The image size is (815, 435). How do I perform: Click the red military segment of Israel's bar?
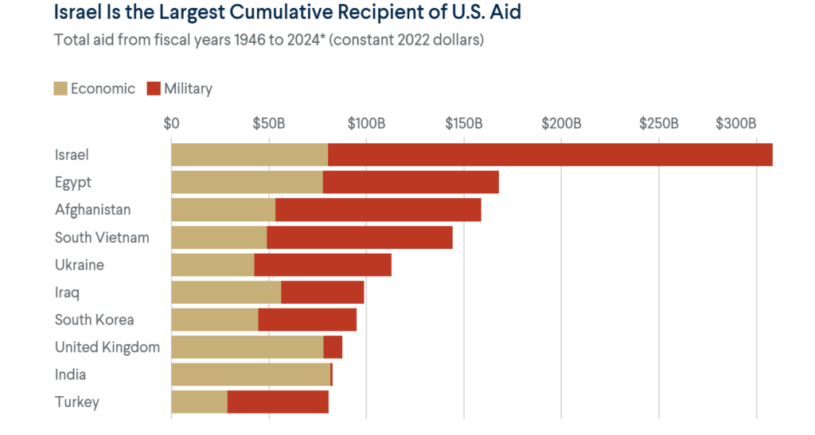[550, 154]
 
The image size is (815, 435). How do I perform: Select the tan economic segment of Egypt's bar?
[247, 182]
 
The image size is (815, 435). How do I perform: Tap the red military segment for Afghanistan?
[378, 210]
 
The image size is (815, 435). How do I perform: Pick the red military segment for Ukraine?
[322, 265]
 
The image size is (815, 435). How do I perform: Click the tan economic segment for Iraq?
[226, 293]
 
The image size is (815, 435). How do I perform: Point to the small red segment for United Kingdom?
[333, 348]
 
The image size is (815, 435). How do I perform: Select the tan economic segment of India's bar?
[251, 375]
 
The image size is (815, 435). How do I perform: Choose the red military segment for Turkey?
[278, 402]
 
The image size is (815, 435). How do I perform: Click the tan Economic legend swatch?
[60, 89]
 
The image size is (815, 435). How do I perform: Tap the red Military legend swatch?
[154, 89]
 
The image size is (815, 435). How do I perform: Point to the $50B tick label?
[268, 123]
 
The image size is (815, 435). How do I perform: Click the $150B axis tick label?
[464, 123]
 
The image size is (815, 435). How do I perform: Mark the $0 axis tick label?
[171, 123]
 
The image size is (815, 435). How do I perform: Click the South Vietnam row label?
[102, 237]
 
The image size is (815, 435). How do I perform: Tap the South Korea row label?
[94, 320]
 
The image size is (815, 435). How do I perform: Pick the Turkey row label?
[77, 402]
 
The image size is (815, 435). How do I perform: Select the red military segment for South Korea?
[307, 320]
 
